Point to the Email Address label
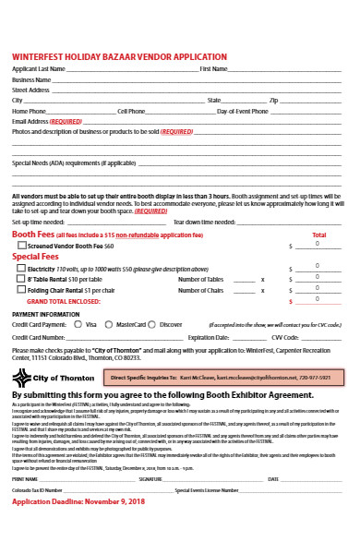click(30, 121)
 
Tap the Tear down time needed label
click(203, 223)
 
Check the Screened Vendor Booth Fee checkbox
click(21, 247)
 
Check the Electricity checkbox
click(21, 268)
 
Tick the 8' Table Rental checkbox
click(21, 278)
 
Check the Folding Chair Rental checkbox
click(21, 289)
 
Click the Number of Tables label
click(200, 278)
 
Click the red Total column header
click(319, 235)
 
